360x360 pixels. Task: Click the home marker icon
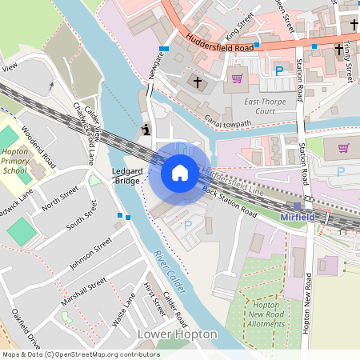(x=180, y=173)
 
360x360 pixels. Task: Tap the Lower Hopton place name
(x=177, y=333)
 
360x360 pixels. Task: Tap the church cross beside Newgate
(x=198, y=82)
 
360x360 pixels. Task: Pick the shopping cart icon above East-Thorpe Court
(x=237, y=78)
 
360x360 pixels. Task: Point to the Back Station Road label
(x=230, y=202)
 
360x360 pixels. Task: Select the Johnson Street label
(x=94, y=253)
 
